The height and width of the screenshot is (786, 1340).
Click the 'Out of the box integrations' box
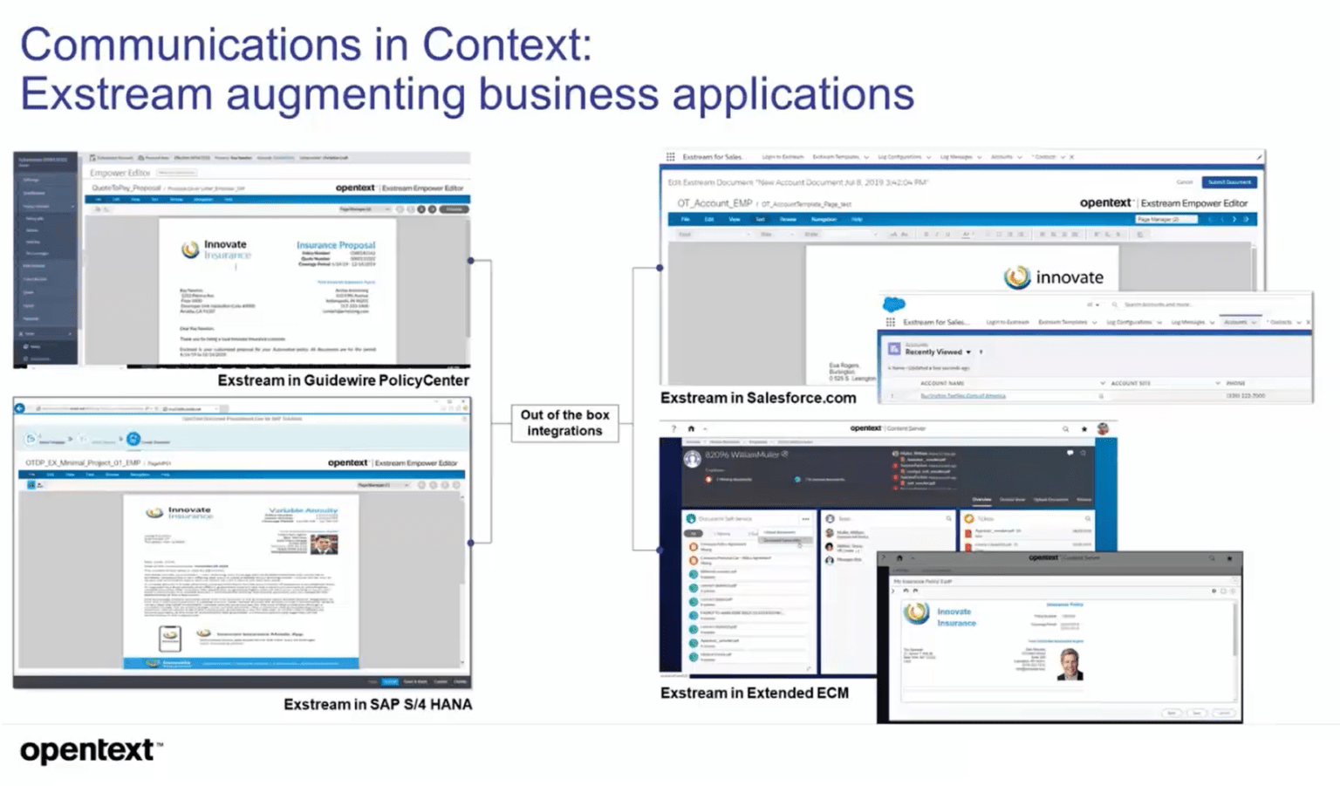pos(564,423)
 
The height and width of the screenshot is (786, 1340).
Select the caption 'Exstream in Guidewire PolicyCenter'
pos(343,380)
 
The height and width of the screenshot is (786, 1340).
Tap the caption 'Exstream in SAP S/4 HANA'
pos(377,704)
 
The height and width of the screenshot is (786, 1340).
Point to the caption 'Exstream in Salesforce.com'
pos(757,398)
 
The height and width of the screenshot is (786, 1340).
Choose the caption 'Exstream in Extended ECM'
pos(754,693)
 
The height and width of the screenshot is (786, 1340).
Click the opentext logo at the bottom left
pos(90,750)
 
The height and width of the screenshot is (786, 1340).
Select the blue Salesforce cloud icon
pos(894,304)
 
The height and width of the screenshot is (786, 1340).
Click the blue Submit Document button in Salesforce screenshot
pos(1229,182)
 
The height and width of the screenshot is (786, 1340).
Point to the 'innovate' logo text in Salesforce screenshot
pos(1069,277)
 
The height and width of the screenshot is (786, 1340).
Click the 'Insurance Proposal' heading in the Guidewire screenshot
pos(336,245)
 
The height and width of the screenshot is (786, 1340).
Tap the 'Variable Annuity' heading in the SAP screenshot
pos(303,510)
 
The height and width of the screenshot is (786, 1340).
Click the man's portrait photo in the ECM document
pos(1070,665)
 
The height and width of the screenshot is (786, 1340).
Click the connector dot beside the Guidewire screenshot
pos(471,261)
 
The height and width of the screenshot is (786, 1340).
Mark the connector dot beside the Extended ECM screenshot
pos(660,550)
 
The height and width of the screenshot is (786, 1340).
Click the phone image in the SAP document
pos(170,638)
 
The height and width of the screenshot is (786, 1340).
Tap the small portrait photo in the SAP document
pos(324,545)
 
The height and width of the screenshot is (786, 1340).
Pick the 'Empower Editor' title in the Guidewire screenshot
pos(120,173)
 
